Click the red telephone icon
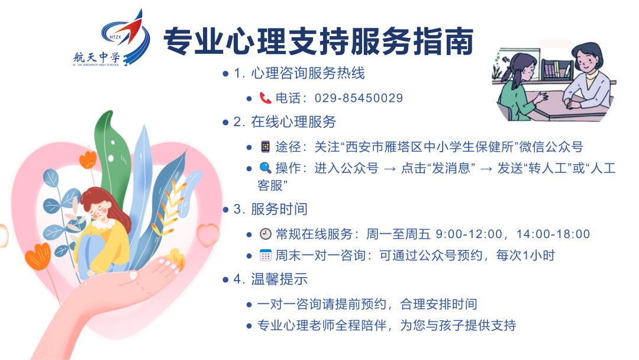coord(264,98)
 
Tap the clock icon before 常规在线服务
coord(265,234)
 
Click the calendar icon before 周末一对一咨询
coord(265,256)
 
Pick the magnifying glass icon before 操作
coord(264,168)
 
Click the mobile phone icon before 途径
coord(264,146)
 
